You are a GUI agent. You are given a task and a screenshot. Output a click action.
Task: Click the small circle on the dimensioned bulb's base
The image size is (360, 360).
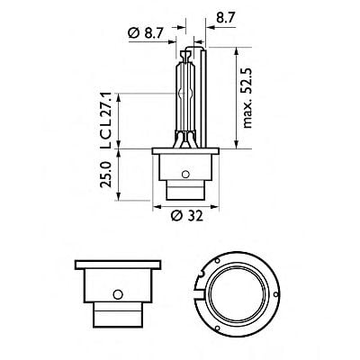point(184,174)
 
